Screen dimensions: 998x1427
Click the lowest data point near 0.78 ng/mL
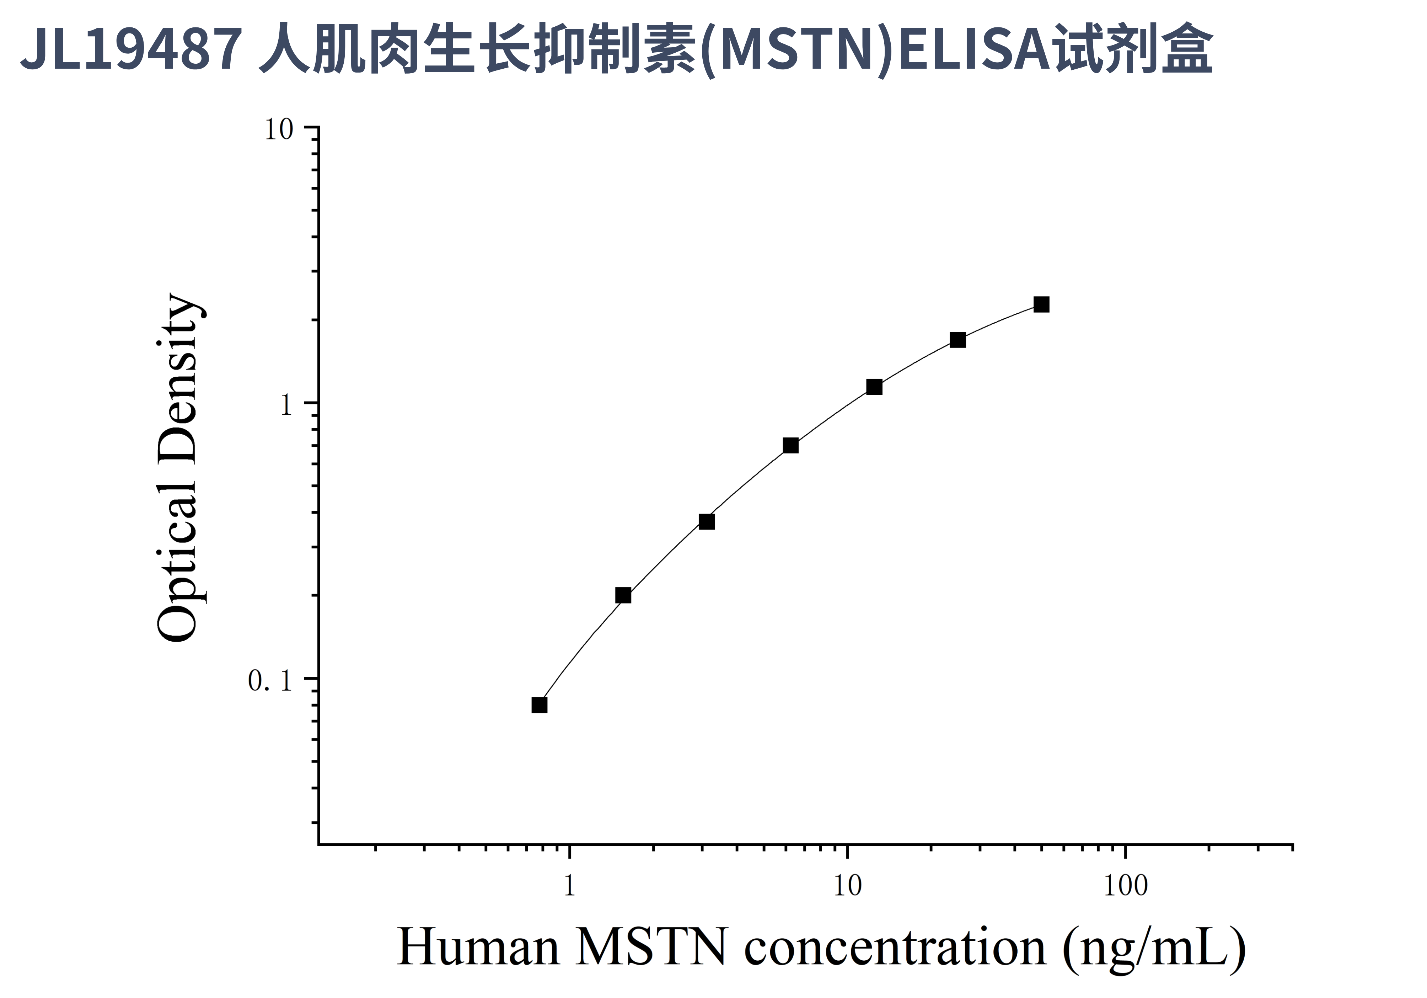540,705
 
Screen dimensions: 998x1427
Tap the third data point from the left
707,522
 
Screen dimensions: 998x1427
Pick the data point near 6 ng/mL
790,445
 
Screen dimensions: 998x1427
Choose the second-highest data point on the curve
958,340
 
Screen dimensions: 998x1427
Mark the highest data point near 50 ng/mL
1042,305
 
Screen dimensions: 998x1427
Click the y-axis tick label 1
286,405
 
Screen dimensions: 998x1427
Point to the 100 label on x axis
1126,886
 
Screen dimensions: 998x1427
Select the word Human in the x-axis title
478,947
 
